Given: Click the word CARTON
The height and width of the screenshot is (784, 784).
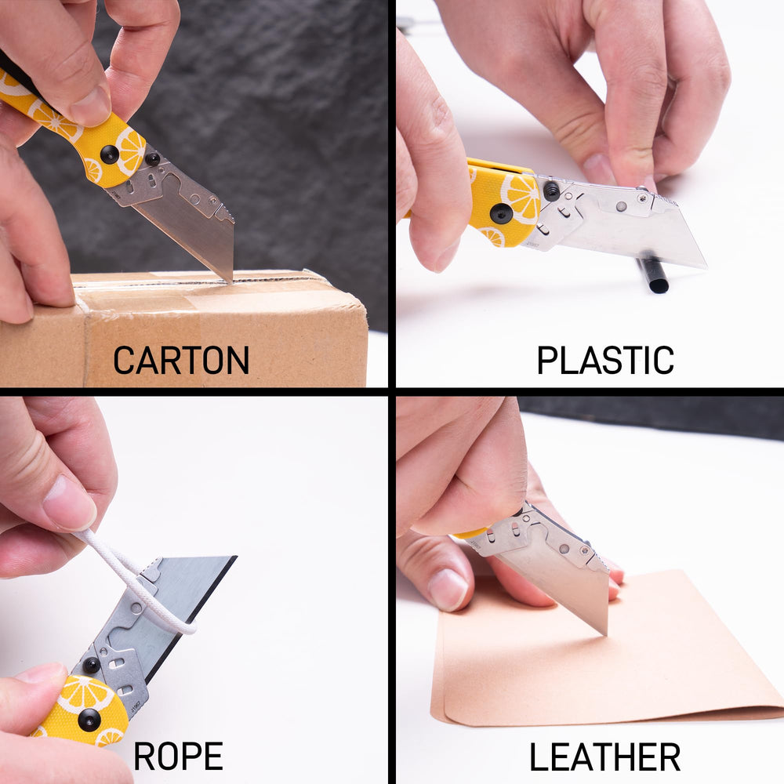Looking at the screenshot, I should pos(181,360).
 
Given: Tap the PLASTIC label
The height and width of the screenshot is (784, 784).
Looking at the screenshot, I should pos(604,360).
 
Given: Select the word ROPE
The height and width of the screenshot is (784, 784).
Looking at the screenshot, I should pos(178,756).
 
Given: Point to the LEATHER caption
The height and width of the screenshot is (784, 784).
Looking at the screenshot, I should pos(604,757).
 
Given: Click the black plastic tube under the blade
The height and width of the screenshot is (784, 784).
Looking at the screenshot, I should pos(653,274).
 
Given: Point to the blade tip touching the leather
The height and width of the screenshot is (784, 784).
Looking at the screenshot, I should pos(604,631).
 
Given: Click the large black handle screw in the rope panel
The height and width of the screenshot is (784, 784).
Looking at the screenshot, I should pos(89,719).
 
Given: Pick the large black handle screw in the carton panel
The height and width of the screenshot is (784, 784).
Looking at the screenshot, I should pos(110,154).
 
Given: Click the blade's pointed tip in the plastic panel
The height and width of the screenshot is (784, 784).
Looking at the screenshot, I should pos(704,266).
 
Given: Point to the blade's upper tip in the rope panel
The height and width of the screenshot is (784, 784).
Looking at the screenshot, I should pos(234,558).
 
